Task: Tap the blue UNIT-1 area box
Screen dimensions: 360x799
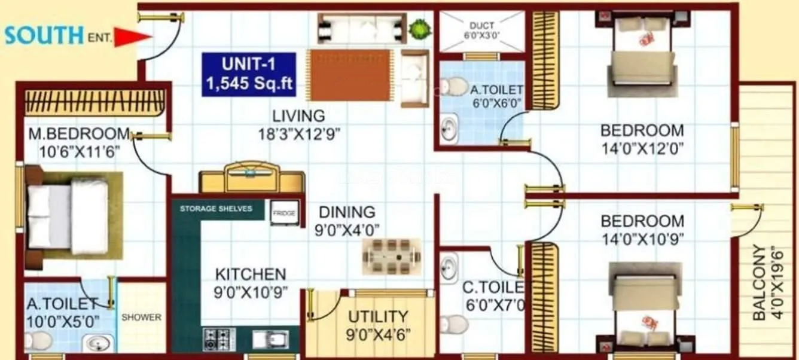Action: [249, 75]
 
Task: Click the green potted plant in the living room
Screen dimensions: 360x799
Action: [419, 28]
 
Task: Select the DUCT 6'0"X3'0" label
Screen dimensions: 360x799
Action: [481, 30]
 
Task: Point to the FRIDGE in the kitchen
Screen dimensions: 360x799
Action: [285, 213]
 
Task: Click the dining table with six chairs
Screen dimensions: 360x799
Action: [388, 257]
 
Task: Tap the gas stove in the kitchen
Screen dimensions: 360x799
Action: [219, 338]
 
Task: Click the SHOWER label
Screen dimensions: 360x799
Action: [142, 317]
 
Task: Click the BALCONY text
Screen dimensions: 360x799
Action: [759, 282]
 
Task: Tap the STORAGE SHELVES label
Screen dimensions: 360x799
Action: [216, 209]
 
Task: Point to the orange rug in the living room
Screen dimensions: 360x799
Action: [350, 75]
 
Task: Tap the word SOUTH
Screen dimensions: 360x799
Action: [44, 35]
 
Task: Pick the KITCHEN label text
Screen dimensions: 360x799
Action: [251, 274]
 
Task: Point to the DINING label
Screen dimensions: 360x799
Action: [347, 212]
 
